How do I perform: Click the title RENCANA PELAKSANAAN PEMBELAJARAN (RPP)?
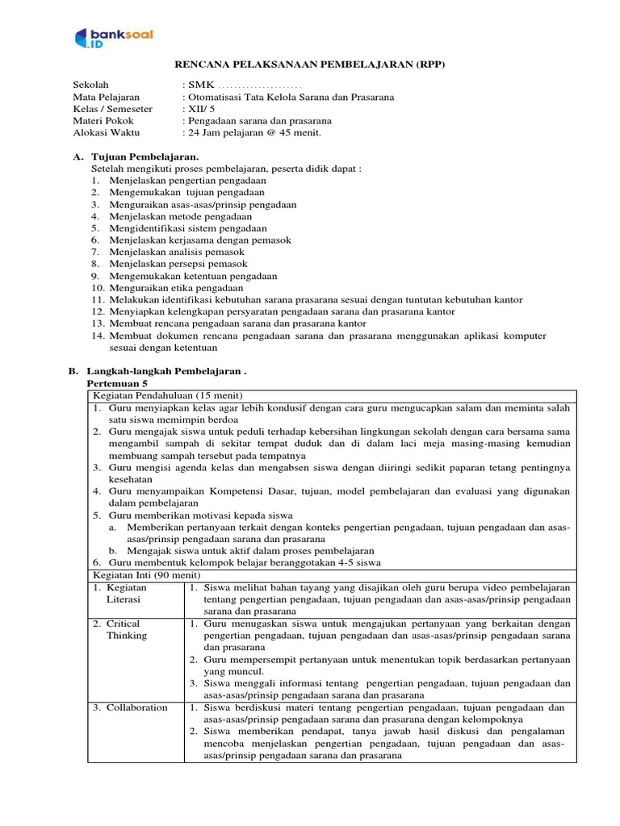tap(311, 65)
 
